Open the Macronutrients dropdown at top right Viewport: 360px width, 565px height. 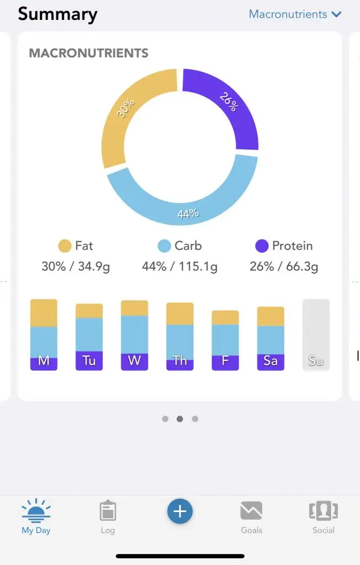tap(295, 14)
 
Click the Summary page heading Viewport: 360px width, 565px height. tap(57, 14)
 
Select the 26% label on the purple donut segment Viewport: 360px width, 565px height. tap(228, 102)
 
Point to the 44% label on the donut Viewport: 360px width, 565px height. tap(188, 214)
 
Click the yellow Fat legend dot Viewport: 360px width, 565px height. tap(65, 246)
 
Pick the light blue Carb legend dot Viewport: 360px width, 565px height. tap(164, 246)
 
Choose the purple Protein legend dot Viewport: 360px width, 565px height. tap(262, 246)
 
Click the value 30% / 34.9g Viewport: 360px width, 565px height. tap(76, 266)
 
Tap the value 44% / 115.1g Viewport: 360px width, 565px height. tap(179, 266)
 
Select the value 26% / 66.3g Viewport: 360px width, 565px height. tap(284, 266)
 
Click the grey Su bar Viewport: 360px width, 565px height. tap(316, 334)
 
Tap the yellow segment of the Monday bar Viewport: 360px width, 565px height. tap(44, 313)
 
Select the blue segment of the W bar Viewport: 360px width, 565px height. tap(134, 334)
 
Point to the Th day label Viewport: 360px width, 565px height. tap(179, 361)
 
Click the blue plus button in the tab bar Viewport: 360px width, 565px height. tap(180, 511)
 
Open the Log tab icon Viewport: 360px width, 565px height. tap(108, 511)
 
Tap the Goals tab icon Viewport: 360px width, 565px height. tap(251, 511)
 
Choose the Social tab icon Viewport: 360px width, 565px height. tap(323, 511)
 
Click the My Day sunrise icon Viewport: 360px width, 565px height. tap(36, 510)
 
